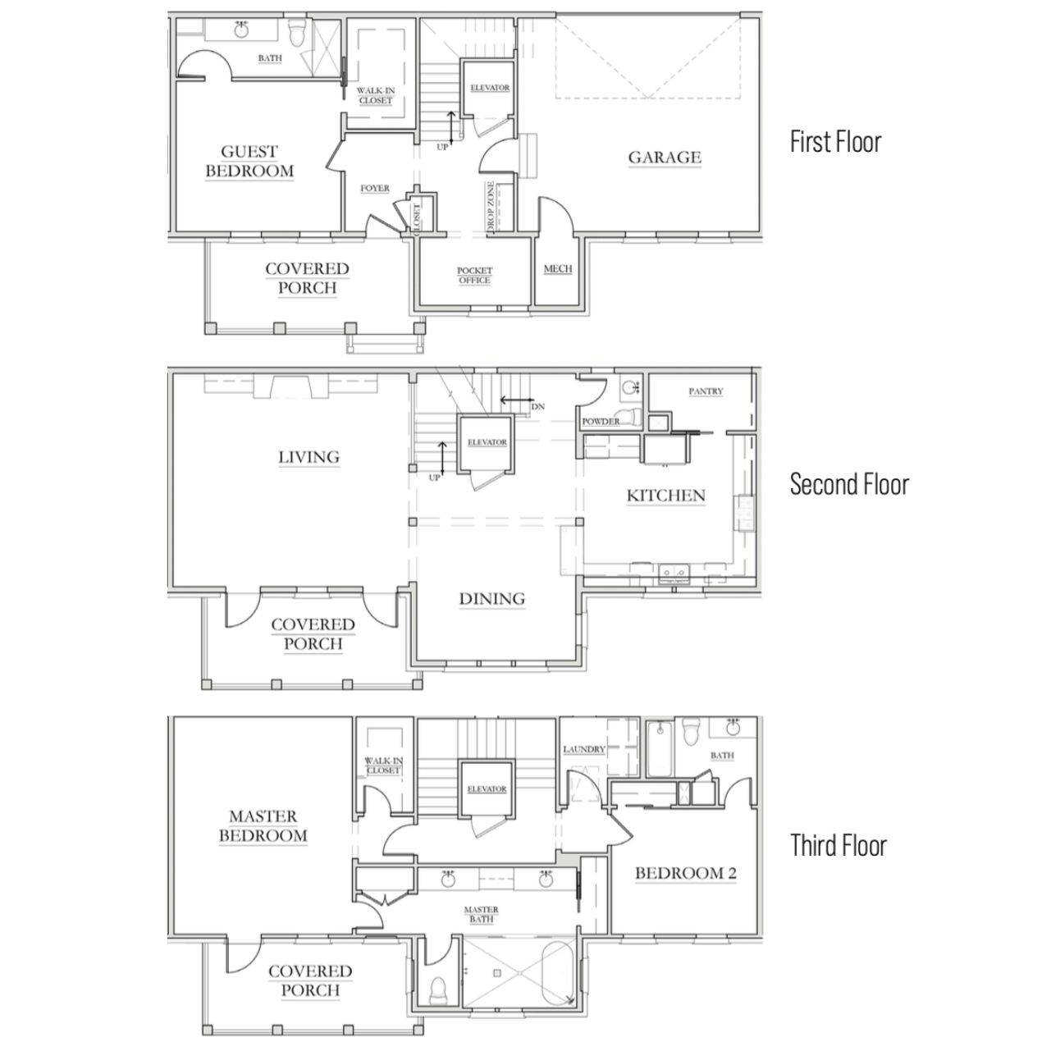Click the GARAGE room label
(x=665, y=158)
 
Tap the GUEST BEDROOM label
(x=249, y=161)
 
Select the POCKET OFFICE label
(x=474, y=275)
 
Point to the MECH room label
(x=557, y=269)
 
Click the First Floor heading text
(x=835, y=142)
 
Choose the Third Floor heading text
(x=839, y=845)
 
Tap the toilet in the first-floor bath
(x=296, y=34)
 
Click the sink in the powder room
(x=630, y=387)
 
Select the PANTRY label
(x=706, y=391)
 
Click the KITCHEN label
(x=665, y=496)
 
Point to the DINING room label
(x=492, y=599)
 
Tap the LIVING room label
(x=308, y=458)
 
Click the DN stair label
(x=537, y=406)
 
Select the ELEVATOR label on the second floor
(x=487, y=442)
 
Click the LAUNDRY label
(x=584, y=749)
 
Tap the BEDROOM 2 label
(x=686, y=873)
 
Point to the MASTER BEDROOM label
(x=263, y=825)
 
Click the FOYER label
(x=375, y=188)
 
